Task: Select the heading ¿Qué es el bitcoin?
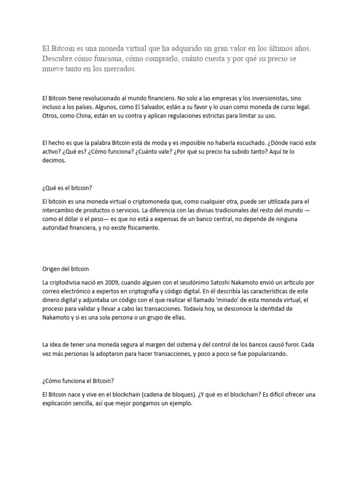click(x=67, y=189)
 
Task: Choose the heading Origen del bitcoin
click(x=66, y=269)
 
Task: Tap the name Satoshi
click(x=205, y=282)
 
